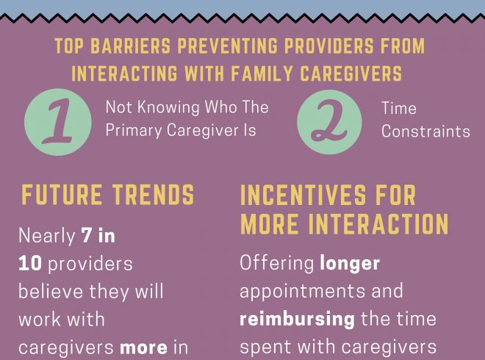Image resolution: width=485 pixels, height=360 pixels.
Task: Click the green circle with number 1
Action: [58, 122]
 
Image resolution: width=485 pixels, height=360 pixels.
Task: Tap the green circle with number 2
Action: [329, 122]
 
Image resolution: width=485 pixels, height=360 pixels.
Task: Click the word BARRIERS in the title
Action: [131, 46]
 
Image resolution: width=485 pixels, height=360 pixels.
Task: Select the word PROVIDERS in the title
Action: [328, 46]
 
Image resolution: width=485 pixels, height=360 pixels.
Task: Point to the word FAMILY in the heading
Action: [262, 74]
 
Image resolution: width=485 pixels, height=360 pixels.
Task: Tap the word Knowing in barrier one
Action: [168, 108]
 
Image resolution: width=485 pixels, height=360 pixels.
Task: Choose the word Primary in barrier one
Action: [133, 131]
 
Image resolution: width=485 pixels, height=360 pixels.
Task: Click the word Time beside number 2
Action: [399, 108]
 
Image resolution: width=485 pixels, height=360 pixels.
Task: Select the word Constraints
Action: [425, 132]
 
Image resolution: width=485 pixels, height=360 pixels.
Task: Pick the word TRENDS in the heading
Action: [153, 195]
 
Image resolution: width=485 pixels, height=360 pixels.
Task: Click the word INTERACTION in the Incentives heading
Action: [378, 223]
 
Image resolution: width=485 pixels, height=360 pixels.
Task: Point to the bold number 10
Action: [30, 264]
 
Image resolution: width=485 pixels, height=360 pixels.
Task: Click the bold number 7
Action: [86, 235]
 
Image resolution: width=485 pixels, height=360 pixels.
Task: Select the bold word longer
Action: [350, 264]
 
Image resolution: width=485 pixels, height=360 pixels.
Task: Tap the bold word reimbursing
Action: [298, 320]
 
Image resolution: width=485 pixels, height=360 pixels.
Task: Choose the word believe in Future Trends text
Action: [51, 292]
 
